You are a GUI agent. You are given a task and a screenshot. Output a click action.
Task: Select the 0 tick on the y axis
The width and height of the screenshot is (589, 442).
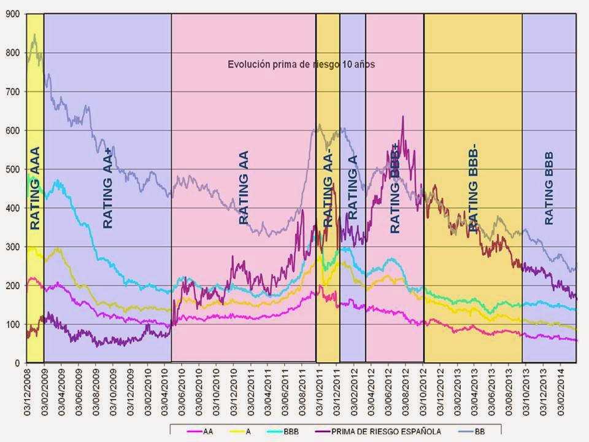[18, 363]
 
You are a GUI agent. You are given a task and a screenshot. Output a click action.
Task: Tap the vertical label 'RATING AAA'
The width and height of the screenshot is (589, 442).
[35, 188]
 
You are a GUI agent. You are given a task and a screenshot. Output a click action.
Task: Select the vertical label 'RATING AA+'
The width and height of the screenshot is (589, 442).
[108, 190]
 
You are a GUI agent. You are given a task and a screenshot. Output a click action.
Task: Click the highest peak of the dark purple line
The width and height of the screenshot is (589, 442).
[403, 116]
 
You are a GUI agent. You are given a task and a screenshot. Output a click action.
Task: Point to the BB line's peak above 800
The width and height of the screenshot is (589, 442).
[34, 35]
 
